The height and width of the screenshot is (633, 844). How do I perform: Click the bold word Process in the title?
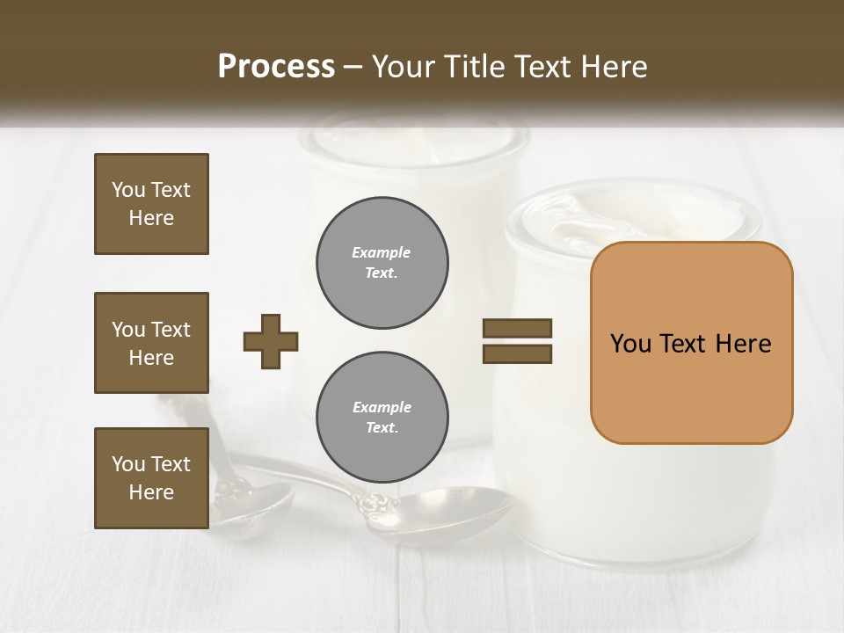point(276,67)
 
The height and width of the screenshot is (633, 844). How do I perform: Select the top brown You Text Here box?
point(151,204)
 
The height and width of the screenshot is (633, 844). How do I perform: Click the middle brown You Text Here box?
point(151,343)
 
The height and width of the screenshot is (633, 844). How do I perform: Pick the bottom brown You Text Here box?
point(151,478)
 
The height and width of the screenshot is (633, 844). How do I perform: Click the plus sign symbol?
point(271,341)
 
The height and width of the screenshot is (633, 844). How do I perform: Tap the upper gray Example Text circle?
point(382,262)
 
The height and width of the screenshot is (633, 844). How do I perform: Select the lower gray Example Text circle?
point(382,418)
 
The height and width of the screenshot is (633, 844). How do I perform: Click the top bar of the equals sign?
point(517,329)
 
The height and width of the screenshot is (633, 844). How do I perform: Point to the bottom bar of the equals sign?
point(517,353)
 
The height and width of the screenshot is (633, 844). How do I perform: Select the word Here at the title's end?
point(615,67)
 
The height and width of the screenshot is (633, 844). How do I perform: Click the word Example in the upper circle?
point(382,252)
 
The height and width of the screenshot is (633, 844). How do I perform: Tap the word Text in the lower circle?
point(382,428)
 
